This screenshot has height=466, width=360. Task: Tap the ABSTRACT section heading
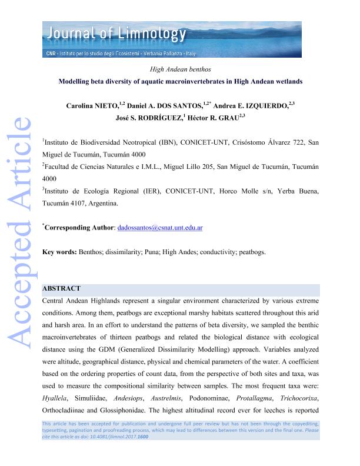62,289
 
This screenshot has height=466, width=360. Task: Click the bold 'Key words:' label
59,252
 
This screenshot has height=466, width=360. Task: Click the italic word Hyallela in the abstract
56,382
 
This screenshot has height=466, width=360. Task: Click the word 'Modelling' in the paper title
76,82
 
